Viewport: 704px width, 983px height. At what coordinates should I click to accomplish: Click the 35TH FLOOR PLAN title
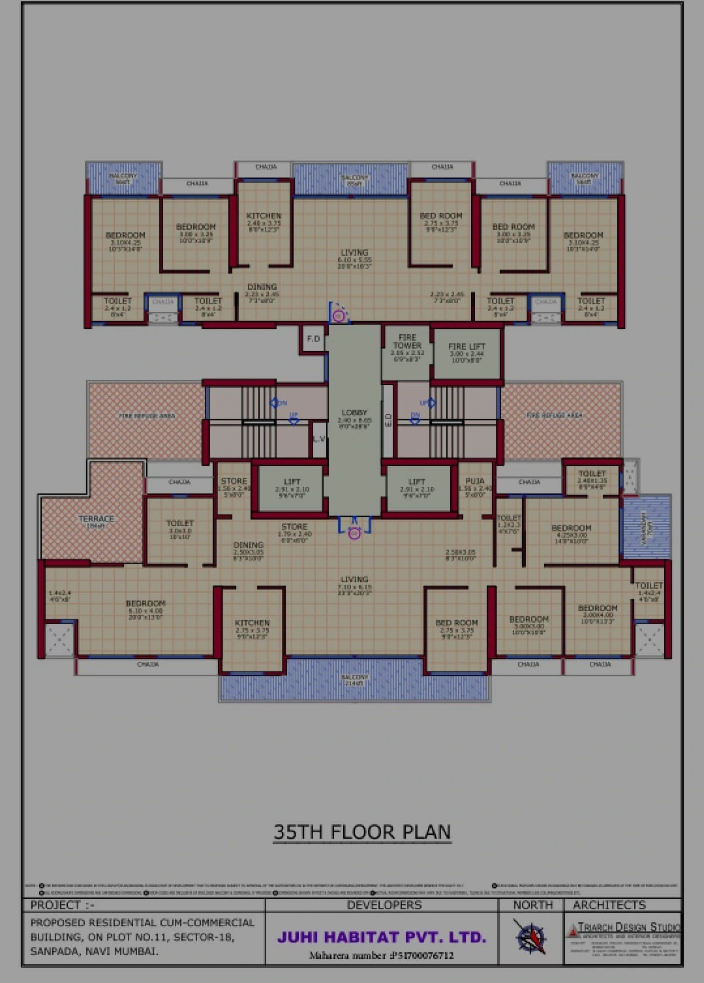[362, 832]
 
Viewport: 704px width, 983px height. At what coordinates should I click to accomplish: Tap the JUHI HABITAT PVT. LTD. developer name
[382, 937]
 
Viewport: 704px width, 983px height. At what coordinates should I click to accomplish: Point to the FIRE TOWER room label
[407, 341]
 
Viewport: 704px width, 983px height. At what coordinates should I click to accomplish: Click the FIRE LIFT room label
[467, 347]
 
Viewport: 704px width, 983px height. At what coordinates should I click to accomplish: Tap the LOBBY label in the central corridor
[354, 413]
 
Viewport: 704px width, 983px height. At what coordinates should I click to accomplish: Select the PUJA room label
[474, 481]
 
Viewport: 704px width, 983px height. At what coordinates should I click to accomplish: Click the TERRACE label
[96, 519]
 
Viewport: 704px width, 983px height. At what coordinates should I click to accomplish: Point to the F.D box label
[313, 339]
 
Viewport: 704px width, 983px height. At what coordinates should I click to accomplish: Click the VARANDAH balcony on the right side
[646, 526]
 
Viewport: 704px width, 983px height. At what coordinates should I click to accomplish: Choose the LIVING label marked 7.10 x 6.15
[354, 580]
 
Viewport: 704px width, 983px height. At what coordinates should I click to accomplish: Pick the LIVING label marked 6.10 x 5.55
[354, 253]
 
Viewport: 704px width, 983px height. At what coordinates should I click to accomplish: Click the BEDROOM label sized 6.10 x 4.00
[145, 604]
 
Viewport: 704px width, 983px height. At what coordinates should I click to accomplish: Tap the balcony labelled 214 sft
[354, 679]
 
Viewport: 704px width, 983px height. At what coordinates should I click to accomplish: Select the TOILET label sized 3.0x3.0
[179, 523]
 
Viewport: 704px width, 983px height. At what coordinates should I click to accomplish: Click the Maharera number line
[382, 956]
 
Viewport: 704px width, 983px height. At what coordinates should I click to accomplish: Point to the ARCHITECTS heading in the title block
[609, 905]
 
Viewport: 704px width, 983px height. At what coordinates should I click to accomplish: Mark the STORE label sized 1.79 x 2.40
[294, 527]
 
